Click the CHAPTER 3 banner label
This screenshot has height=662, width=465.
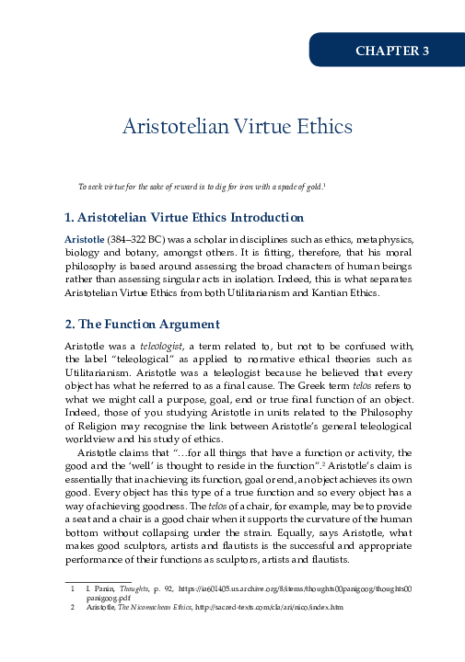pos(392,51)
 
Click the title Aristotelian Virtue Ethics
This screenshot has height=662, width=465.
pos(232,126)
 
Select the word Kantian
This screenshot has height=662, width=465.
pos(323,293)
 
